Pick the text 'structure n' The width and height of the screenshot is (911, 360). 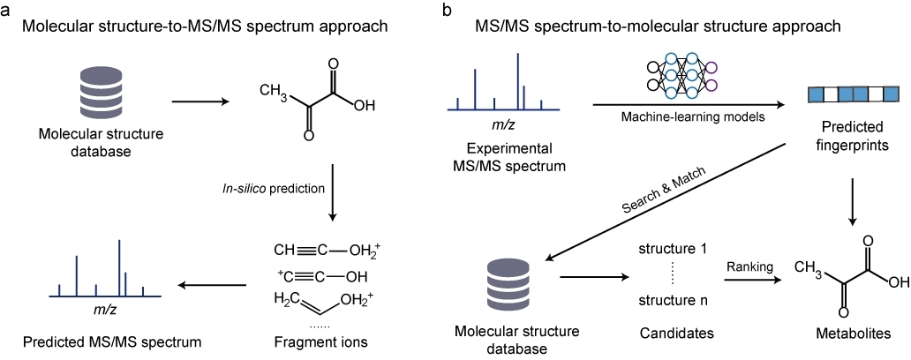tap(673, 303)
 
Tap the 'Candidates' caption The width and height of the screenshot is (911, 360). tap(673, 333)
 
